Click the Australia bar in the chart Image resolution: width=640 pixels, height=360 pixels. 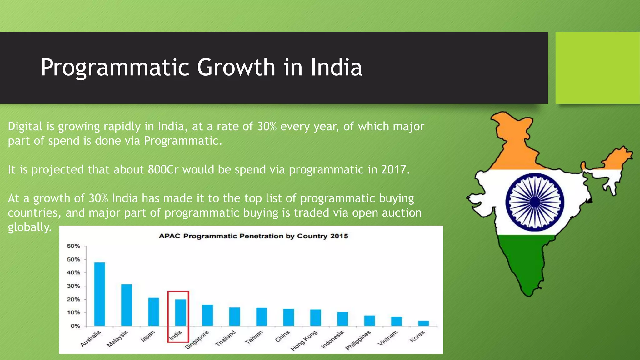100,294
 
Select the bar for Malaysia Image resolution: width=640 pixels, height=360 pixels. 127,305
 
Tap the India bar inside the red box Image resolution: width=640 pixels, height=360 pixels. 181,312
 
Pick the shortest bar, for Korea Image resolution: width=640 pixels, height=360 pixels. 423,323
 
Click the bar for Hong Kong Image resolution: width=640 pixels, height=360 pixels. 316,317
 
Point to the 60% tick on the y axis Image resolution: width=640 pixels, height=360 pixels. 73,246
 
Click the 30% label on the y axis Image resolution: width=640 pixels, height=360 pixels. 73,286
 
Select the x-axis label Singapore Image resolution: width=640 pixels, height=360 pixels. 197,340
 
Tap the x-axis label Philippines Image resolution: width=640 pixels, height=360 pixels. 358,340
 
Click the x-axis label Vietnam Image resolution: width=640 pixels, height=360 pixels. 388,338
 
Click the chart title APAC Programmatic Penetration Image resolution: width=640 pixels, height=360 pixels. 253,236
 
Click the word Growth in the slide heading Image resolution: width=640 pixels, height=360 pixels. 236,67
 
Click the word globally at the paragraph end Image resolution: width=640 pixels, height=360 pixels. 29,227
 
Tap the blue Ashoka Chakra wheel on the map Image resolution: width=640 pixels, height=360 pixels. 535,202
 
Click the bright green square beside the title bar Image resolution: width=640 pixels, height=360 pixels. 597,67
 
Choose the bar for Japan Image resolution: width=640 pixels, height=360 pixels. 153,312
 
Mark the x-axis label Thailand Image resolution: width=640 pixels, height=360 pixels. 225,338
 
